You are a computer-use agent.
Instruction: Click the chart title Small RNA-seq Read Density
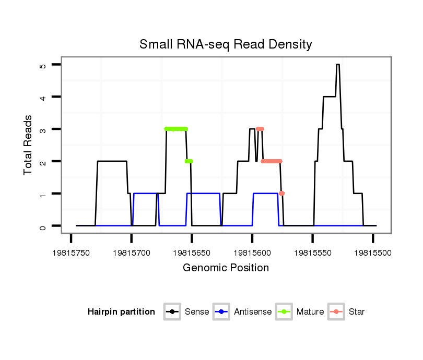[226, 44]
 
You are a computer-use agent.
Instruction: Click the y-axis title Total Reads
[29, 145]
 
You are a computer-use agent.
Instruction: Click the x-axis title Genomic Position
[226, 268]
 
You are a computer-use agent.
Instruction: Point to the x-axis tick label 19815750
[71, 252]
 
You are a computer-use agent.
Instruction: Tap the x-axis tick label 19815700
[131, 252]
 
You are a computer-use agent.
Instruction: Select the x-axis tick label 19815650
[192, 252]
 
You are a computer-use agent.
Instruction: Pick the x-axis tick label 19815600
[252, 252]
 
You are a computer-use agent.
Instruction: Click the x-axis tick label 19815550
[312, 252]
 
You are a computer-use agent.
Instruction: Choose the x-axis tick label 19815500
[373, 252]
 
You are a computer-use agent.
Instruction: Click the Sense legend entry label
[197, 312]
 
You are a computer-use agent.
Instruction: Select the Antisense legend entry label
[253, 312]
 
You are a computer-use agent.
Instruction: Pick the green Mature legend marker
[285, 312]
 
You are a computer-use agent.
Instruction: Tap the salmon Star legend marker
[337, 312]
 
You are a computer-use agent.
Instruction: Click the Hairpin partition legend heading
[121, 312]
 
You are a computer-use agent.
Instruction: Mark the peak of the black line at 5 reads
[338, 65]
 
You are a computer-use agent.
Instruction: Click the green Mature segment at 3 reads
[176, 129]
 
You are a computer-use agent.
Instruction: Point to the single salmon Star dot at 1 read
[282, 194]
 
